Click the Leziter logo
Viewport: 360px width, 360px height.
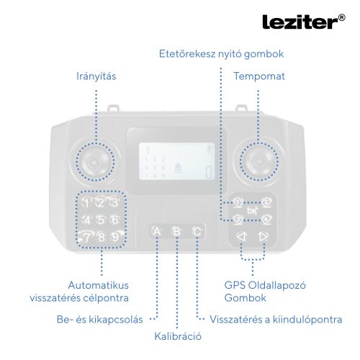point(298,22)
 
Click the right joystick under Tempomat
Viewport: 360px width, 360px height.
point(260,162)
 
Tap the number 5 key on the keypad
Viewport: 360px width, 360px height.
point(101,220)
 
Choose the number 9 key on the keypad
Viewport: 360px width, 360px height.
point(115,236)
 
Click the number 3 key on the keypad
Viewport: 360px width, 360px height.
point(114,203)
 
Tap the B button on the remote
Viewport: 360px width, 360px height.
point(176,231)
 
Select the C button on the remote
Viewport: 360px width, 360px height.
point(197,231)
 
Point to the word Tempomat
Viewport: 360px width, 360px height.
point(258,76)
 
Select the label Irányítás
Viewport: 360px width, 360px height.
point(96,76)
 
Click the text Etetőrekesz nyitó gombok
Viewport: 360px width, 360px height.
point(222,54)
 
